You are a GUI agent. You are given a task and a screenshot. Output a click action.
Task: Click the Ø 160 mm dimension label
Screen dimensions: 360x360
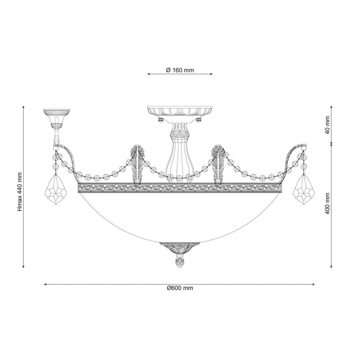[180, 70]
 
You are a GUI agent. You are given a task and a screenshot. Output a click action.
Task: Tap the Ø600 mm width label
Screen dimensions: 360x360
[180, 288]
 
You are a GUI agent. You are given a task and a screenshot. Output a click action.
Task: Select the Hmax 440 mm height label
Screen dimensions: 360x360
[20, 192]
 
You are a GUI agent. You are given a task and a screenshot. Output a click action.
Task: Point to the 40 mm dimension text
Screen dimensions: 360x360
[328, 125]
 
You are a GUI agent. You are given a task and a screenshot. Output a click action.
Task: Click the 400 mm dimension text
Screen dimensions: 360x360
[328, 204]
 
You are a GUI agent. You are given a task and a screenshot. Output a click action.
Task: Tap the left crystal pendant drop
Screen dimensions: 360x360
[57, 189]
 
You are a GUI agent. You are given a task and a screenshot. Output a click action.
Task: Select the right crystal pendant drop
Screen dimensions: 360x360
[304, 189]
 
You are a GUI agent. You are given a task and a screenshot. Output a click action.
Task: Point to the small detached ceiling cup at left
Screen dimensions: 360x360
[57, 118]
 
